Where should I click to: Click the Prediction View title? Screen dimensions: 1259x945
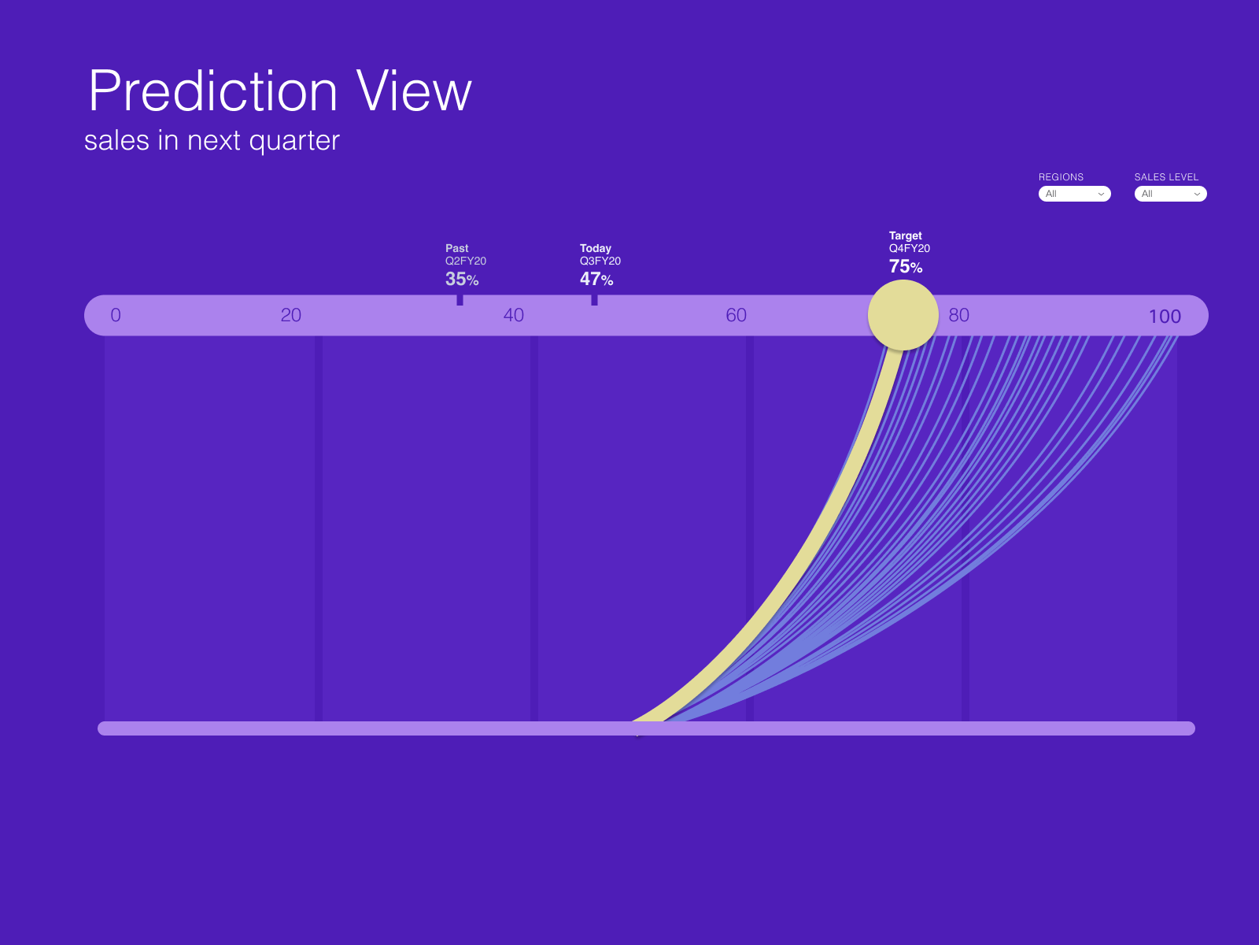pos(279,91)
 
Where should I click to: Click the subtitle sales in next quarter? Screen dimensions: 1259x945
pos(212,141)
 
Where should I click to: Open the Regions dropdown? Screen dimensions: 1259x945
pos(1074,194)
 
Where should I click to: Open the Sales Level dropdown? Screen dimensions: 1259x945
pos(1170,194)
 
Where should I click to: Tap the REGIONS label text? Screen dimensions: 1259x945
pos(1061,176)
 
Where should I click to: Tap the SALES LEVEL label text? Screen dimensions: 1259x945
pos(1166,176)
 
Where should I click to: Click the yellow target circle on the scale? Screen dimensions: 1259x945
pos(903,315)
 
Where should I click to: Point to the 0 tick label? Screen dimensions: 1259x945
pos(116,315)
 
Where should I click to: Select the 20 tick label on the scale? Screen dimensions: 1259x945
pos(291,315)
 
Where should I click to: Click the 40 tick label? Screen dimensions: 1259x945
pos(513,315)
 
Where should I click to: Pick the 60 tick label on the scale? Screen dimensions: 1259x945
pos(736,315)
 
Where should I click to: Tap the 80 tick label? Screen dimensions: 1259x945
pos(958,315)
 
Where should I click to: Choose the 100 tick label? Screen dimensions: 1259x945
pos(1165,316)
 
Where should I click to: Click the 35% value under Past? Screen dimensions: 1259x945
pos(462,279)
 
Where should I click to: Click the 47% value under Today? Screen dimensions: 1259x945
pos(596,279)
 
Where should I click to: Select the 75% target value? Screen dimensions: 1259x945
pos(906,266)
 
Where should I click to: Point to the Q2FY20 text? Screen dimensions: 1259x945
pos(465,261)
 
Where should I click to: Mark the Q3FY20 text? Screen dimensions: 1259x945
pos(600,261)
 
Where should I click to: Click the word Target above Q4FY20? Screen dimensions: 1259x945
pos(905,235)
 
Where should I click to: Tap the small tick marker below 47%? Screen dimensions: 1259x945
pos(594,300)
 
